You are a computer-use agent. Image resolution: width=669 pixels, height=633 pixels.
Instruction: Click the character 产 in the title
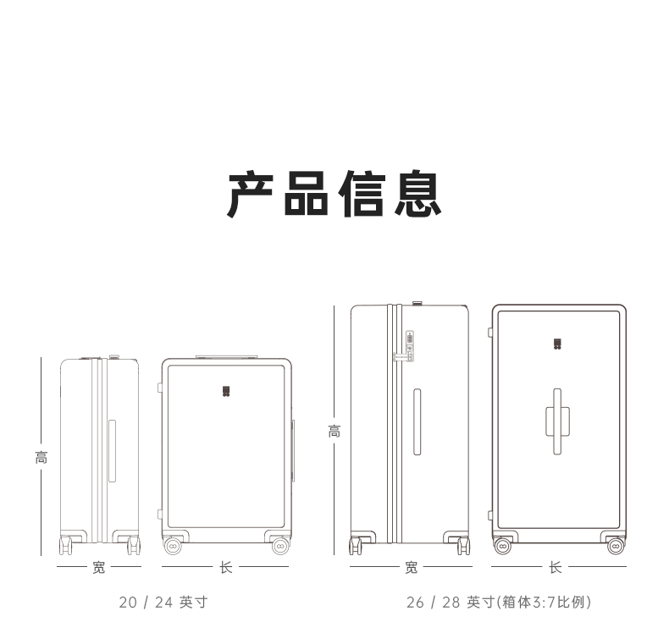pos(252,194)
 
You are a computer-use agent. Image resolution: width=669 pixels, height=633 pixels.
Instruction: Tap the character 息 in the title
pos(416,194)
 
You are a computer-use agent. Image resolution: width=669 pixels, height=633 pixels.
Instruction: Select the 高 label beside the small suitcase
pos(41,458)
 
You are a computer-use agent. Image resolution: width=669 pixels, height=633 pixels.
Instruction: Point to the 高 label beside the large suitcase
pos(334,431)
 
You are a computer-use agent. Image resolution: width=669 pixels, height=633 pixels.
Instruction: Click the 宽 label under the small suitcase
pos(99,568)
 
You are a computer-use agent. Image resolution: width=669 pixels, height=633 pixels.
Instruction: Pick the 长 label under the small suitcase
pos(226,568)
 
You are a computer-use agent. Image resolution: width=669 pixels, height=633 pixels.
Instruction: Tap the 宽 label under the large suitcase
pos(411,568)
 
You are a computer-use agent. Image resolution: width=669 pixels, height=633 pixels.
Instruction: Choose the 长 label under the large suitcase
pos(556,568)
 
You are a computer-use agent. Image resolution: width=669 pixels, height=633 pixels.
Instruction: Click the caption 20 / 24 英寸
pos(163,603)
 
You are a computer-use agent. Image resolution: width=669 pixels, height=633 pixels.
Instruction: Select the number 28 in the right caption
pos(451,603)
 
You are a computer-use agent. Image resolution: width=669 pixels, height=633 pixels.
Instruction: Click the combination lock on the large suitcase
pos(409,344)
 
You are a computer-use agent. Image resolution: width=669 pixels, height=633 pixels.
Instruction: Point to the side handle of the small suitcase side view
pos(112,451)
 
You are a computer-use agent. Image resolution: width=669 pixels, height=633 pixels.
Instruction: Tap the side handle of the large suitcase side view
pos(417,421)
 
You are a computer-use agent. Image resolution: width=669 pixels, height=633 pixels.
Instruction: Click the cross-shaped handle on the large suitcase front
pos(557,421)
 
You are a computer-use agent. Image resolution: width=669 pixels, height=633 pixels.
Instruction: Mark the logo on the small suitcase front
pos(226,391)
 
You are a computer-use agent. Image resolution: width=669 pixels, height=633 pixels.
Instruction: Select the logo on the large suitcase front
pos(557,344)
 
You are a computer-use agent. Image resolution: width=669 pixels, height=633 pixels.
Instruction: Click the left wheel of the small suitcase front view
pos(173,547)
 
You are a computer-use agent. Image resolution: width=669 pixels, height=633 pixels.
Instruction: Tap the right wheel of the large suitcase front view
pos(616,547)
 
